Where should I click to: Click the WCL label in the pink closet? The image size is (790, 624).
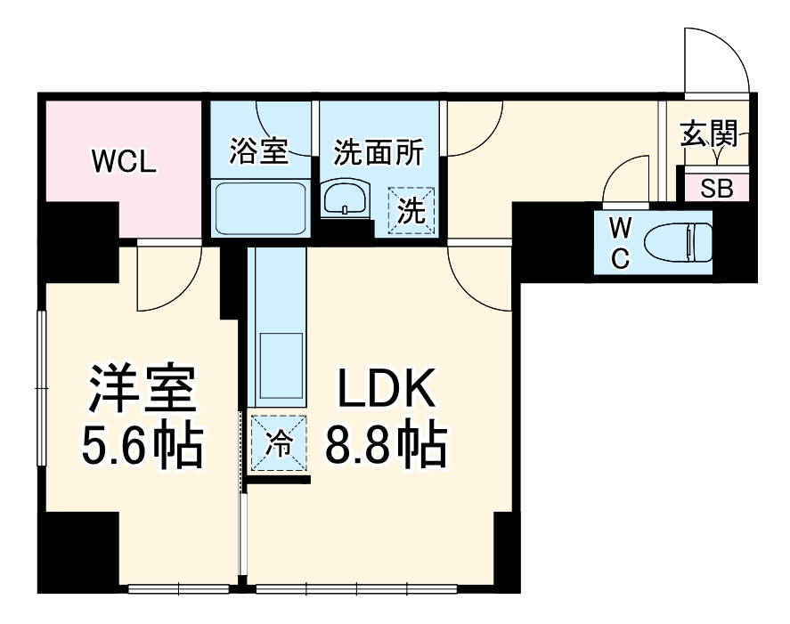(x=125, y=161)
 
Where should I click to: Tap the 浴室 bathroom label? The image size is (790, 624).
(x=258, y=151)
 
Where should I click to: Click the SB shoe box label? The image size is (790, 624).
(x=717, y=188)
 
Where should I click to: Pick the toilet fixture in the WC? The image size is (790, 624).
(x=679, y=240)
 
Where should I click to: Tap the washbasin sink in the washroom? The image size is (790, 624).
(x=345, y=198)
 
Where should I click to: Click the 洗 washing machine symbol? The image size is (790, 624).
(x=411, y=211)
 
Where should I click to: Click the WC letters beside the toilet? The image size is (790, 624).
(x=621, y=242)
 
